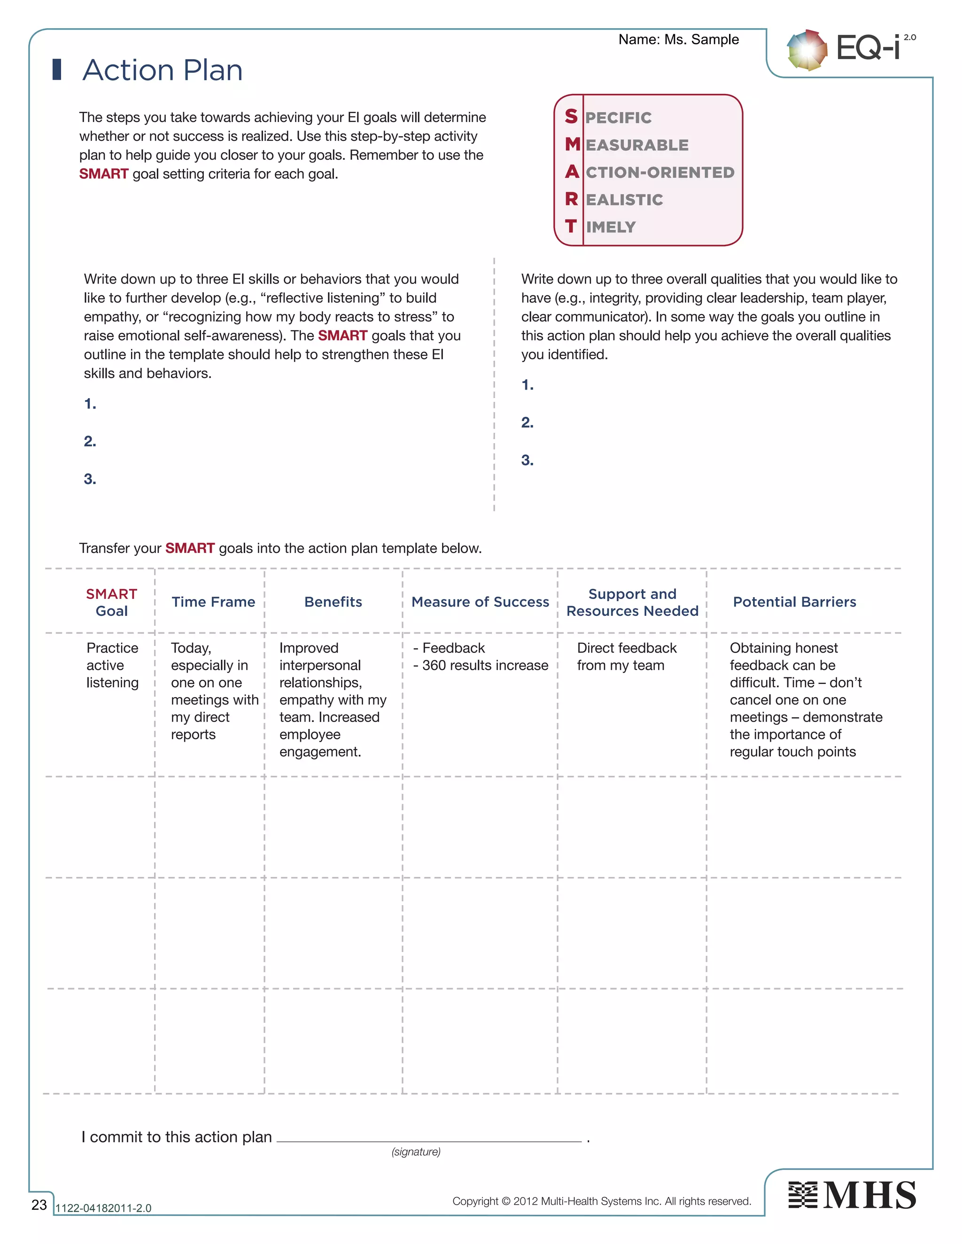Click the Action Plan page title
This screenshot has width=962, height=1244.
coord(163,70)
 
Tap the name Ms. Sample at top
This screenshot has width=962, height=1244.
coord(702,39)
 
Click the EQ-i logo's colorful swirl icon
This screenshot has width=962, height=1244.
coord(807,50)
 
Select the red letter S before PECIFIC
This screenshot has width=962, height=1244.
coord(571,116)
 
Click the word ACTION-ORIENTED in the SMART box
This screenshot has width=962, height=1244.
coord(659,172)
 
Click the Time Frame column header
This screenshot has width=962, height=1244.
coord(213,602)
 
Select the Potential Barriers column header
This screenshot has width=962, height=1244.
coord(794,602)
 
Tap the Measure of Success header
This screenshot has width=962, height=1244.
coord(480,602)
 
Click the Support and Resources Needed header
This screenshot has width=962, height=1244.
coord(632,602)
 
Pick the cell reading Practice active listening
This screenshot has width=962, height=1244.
coord(112,665)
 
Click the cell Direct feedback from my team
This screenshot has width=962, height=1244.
coord(626,656)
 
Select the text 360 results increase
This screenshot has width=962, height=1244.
coord(484,665)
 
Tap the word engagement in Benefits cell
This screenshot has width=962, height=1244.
coord(320,752)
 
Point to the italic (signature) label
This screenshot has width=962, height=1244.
coord(415,1152)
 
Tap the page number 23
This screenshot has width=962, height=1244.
coord(39,1205)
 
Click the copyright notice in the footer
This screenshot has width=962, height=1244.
coord(601,1201)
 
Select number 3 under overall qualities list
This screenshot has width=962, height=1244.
coord(527,460)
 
